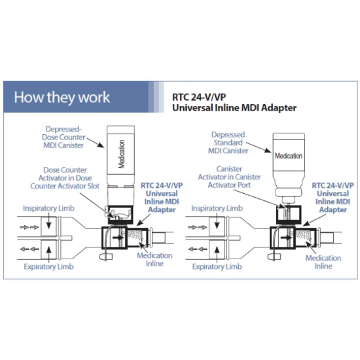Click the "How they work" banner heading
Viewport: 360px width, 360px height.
[x=62, y=98]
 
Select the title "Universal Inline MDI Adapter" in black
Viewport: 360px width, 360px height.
[x=234, y=108]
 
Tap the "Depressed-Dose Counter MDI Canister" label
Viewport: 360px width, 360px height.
[x=63, y=137]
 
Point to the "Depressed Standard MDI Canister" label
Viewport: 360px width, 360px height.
[x=228, y=143]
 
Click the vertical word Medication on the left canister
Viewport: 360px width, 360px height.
[x=121, y=154]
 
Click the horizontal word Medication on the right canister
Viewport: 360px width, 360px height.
[x=289, y=156]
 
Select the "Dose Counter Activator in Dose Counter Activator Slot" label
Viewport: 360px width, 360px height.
[x=65, y=178]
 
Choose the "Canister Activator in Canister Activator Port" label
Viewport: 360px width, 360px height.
[x=229, y=177]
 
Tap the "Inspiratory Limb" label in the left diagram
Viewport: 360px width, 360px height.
[x=48, y=208]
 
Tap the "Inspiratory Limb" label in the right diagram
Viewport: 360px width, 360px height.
[x=217, y=208]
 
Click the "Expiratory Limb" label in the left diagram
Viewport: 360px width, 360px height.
[x=48, y=266]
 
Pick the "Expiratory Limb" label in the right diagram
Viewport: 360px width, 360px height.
[x=217, y=266]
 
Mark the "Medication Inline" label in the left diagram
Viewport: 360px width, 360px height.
[x=154, y=259]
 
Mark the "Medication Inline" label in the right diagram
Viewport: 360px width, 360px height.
[x=323, y=262]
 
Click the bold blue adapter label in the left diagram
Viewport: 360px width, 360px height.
[x=162, y=198]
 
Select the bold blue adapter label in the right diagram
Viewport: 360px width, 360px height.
[x=333, y=198]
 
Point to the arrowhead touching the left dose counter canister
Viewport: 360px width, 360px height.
[x=101, y=145]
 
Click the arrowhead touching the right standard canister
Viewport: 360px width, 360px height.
[x=268, y=150]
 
